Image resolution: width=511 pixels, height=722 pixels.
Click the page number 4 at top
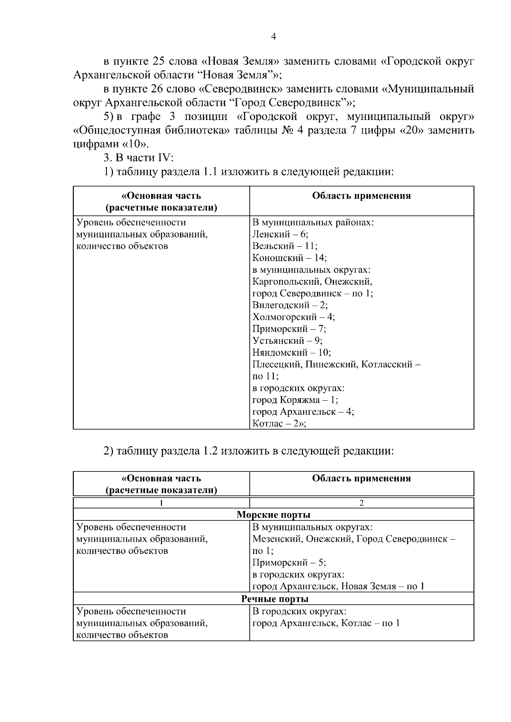(273, 37)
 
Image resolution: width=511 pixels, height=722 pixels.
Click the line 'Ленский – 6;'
(280, 234)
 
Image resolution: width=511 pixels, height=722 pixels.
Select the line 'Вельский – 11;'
(284, 246)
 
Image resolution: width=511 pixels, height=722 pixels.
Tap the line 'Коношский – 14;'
(289, 258)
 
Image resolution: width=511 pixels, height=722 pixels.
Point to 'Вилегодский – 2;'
(290, 305)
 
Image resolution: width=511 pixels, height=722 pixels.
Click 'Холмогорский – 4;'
(293, 317)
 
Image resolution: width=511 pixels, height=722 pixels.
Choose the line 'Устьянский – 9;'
(287, 341)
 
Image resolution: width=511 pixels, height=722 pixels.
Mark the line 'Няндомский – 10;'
(291, 353)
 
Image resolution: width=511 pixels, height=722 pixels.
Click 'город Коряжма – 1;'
(295, 400)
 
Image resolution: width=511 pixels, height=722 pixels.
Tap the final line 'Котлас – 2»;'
(279, 424)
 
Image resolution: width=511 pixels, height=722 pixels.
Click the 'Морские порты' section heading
(273, 515)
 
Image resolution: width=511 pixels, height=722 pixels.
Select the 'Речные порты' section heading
(275, 599)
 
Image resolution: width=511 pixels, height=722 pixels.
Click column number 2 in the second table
(362, 503)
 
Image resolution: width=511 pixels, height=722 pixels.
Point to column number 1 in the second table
(161, 503)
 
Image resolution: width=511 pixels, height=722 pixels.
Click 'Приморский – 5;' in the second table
(289, 562)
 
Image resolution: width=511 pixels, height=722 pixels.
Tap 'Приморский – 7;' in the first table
(289, 329)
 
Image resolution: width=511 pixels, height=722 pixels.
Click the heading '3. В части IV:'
(138, 158)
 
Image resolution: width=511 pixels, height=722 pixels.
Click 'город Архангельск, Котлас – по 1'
(326, 623)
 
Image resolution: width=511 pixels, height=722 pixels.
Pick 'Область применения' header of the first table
(361, 196)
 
